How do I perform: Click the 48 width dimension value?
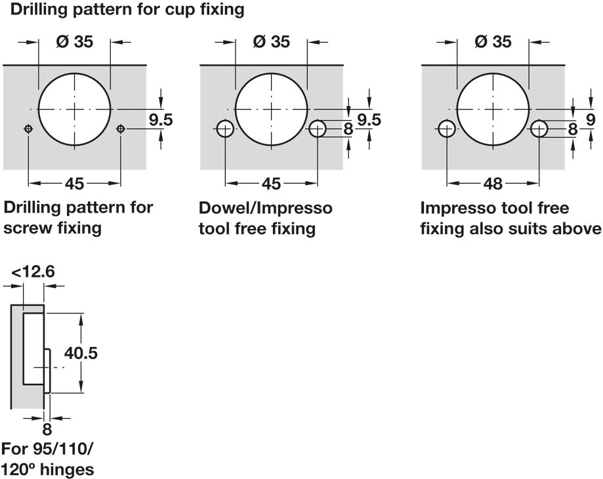coord(493,184)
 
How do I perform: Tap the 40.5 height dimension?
coord(81,353)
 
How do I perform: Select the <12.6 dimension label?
coord(33,272)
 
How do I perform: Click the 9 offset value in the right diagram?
coord(591,119)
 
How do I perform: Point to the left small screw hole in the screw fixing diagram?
coord(28,129)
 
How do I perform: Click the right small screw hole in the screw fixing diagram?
coord(121,129)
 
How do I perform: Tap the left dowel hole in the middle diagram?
coord(225,129)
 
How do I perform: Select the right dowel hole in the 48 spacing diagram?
coord(539,129)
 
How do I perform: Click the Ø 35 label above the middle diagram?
coord(271,41)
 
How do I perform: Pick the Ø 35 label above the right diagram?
coord(493,41)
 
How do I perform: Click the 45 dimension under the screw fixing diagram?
coord(75,184)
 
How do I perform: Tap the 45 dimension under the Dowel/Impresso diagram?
coord(272,184)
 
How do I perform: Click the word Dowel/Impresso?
coord(265,209)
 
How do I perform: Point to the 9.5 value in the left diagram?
coord(161,120)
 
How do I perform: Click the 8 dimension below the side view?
coord(47,429)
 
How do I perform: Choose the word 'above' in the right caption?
coord(577,229)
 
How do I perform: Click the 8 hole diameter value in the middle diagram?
coord(348,129)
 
